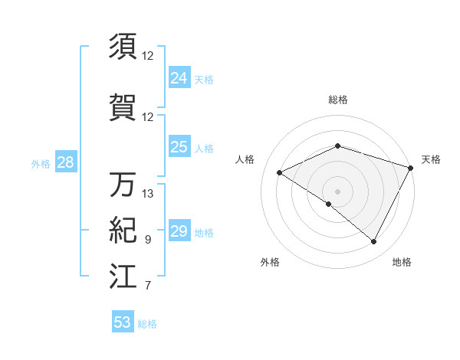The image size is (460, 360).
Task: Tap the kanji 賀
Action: pos(123,106)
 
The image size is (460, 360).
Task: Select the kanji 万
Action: pos(123,184)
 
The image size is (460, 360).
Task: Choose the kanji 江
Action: pos(123,277)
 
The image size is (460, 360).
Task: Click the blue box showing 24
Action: pos(179,78)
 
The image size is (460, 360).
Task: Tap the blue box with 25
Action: pos(179,147)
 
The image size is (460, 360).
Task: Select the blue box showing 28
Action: pos(65,162)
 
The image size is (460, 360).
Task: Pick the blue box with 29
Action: pos(179,232)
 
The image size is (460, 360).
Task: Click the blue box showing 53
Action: pos(122,322)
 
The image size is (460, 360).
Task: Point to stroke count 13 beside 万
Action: pos(149,194)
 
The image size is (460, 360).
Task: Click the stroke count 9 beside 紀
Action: pos(148,241)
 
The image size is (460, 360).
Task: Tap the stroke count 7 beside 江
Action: pos(148,286)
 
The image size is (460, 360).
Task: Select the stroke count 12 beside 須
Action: pos(148,56)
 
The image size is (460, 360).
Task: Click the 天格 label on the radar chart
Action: pos(431,159)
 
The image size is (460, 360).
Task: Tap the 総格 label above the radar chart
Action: pos(337,100)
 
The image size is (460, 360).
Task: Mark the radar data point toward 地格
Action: pos(374,242)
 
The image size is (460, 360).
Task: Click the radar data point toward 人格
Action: pos(280,173)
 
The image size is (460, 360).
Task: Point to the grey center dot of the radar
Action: pos(337,191)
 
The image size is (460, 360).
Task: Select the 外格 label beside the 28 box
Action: pos(41,163)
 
